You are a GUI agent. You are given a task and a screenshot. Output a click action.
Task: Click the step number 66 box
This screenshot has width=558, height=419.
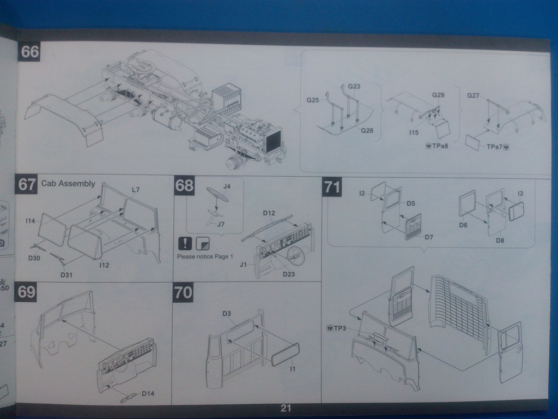(29, 52)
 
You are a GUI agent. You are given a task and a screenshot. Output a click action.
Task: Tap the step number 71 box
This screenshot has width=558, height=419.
(332, 187)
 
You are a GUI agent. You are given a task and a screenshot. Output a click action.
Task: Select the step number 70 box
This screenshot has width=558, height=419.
(183, 292)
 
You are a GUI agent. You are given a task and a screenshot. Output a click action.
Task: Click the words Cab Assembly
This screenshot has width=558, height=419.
(68, 183)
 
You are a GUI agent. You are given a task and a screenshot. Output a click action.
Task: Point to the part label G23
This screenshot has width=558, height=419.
(354, 86)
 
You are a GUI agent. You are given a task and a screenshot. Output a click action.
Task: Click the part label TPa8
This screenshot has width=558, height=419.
(437, 146)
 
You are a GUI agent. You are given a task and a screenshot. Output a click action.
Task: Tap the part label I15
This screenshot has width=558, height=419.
(414, 133)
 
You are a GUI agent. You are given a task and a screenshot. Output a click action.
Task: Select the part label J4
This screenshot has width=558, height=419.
(227, 187)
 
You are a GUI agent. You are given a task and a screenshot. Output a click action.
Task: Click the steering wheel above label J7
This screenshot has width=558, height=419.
(217, 194)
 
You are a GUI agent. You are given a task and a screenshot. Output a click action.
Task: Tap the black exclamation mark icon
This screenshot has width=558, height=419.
(185, 243)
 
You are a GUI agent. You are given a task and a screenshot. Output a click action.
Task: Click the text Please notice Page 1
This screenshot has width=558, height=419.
(205, 256)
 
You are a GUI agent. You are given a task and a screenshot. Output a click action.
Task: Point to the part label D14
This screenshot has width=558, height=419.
(148, 393)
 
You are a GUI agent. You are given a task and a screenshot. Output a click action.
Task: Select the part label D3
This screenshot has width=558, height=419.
(227, 314)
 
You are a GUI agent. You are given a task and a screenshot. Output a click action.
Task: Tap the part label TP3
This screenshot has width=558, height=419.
(336, 328)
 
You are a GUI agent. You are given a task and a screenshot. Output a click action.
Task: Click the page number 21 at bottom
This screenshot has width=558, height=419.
(286, 408)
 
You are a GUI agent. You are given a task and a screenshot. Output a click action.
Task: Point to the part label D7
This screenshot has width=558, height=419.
(428, 237)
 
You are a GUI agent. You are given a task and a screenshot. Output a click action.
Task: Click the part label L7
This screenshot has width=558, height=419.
(136, 190)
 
